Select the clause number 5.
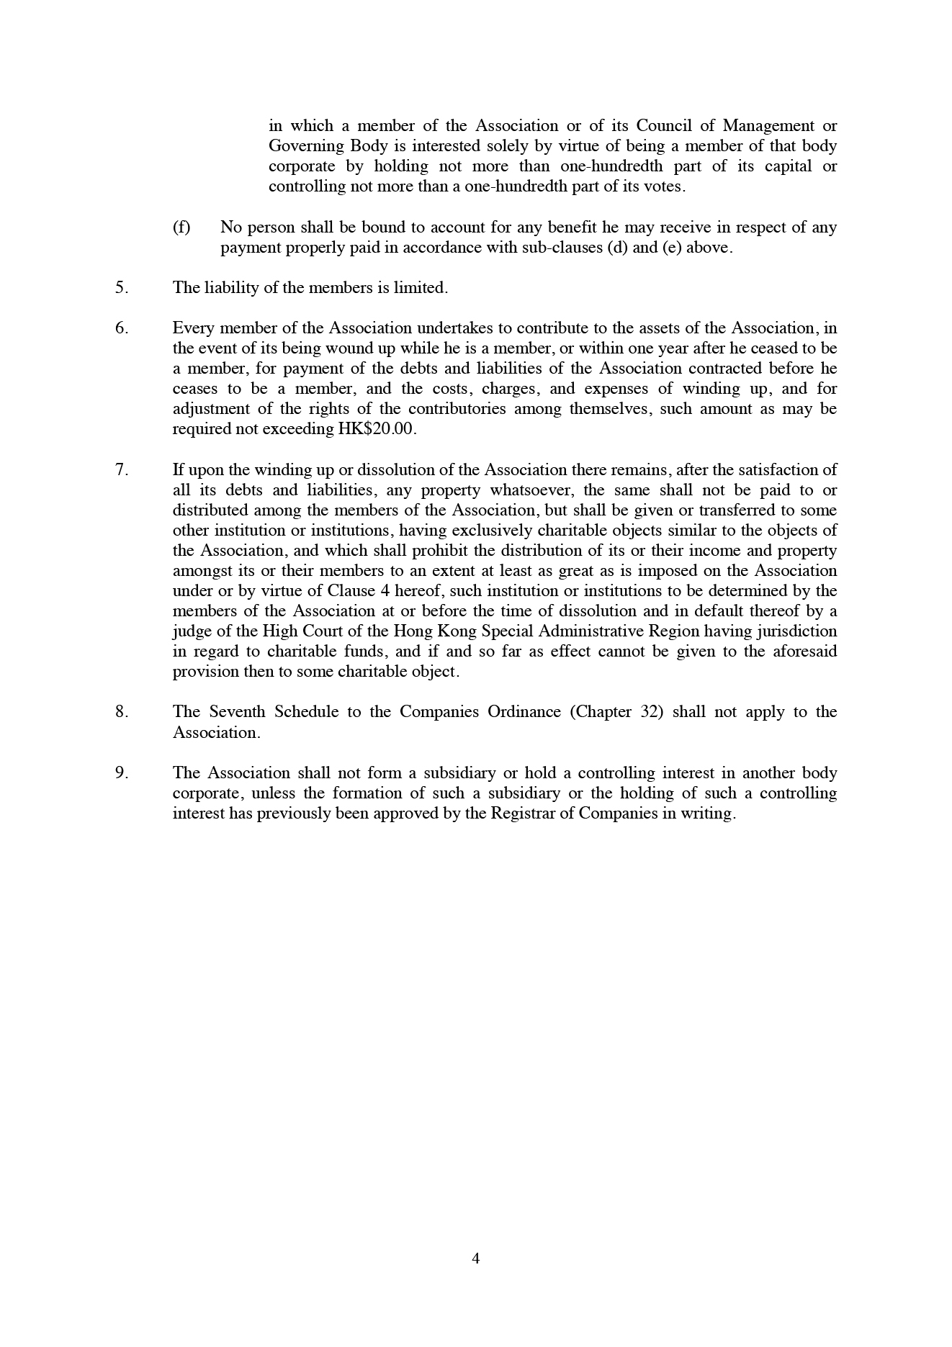[121, 288]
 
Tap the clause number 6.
[121, 328]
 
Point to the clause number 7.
[121, 470]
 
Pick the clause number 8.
[121, 712]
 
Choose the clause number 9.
[121, 773]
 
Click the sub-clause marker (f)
[181, 227]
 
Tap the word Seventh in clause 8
[238, 712]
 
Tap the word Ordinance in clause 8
[524, 712]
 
